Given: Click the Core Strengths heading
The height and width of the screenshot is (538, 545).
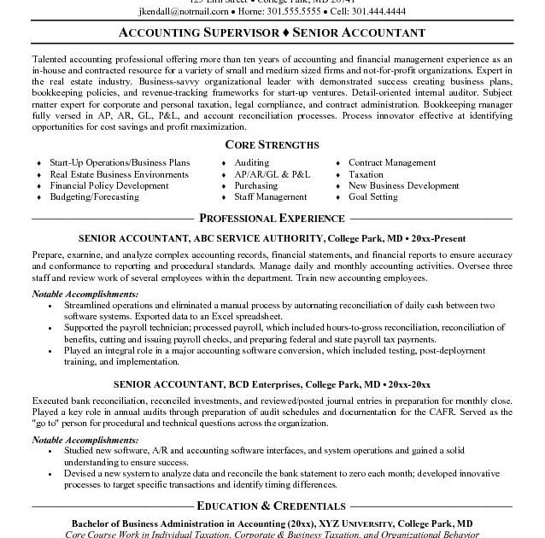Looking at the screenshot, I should pos(272,144).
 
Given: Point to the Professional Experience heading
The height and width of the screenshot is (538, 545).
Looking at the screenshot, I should pos(272,218).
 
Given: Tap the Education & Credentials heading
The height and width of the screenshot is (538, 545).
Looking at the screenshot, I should pos(272,506).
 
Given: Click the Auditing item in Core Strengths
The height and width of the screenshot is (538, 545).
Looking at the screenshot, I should pos(251,162).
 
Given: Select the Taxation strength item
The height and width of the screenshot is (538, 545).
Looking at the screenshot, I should pos(366,174).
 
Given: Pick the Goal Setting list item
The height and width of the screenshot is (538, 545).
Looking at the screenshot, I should pos(372,196).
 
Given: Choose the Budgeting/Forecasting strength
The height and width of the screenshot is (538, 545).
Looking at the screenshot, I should pos(94,196).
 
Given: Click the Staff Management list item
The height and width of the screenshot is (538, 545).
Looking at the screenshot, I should pos(270,196).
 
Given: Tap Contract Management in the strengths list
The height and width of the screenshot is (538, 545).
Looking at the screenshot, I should pos(391,162).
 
